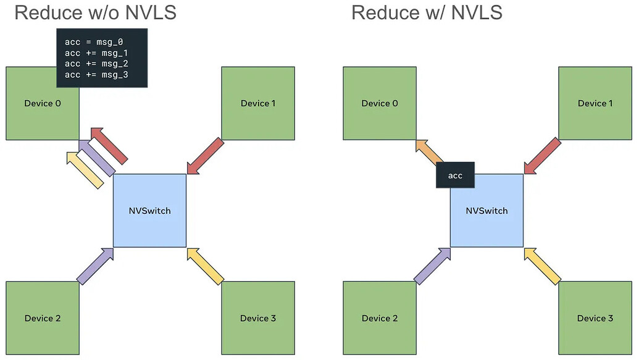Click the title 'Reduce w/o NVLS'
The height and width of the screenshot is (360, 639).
click(95, 12)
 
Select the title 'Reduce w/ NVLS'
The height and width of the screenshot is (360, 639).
click(427, 12)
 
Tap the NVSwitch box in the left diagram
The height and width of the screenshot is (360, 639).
click(149, 211)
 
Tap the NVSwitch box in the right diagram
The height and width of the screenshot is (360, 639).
click(487, 211)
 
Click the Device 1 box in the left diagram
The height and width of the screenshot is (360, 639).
click(258, 103)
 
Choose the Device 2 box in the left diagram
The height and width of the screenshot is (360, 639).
click(43, 318)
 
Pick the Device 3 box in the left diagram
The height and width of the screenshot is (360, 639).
click(258, 318)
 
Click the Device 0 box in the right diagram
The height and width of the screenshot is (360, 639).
click(380, 103)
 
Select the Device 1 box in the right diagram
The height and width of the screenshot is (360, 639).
click(595, 103)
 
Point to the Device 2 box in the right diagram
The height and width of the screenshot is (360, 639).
click(380, 318)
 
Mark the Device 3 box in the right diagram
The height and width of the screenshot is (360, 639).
click(595, 318)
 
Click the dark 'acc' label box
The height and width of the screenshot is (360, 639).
click(455, 176)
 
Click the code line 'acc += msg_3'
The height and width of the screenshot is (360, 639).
click(96, 75)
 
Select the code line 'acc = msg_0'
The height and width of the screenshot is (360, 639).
click(94, 42)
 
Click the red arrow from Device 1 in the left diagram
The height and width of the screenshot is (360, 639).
click(205, 156)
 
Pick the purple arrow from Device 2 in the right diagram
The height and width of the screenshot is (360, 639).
click(432, 266)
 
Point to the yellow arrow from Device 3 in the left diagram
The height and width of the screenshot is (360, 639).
click(205, 266)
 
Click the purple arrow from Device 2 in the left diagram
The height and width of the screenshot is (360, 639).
click(95, 266)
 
